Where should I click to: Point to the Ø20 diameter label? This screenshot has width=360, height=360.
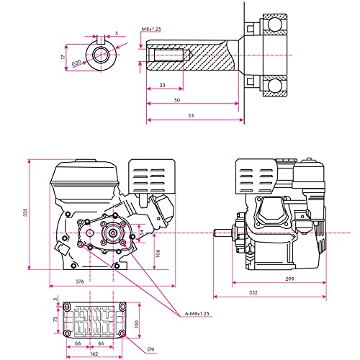pos(76,63)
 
